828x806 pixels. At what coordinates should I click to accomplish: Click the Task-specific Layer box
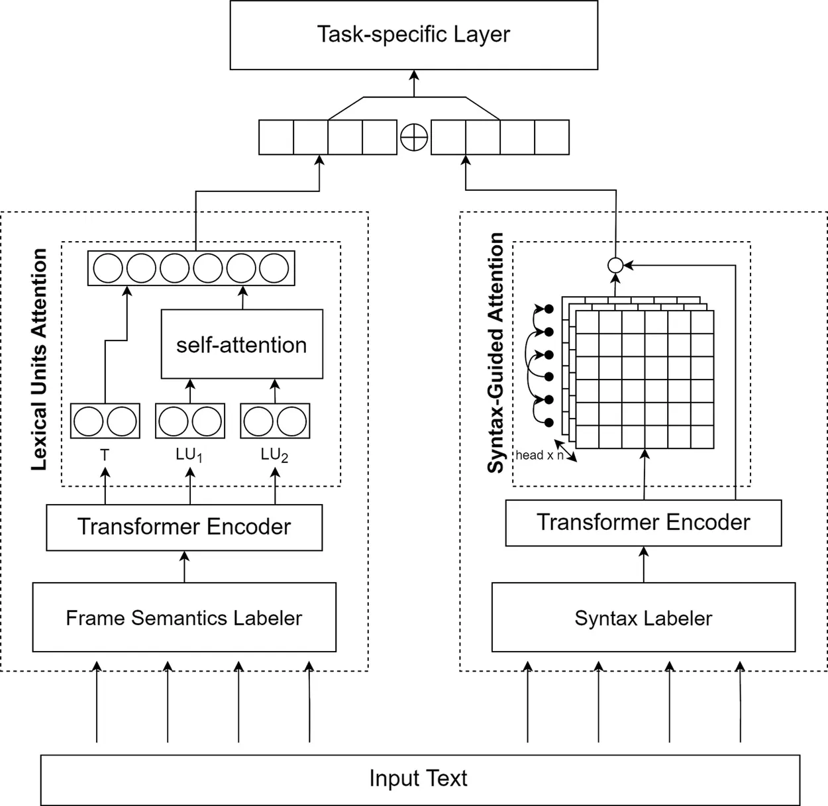click(413, 35)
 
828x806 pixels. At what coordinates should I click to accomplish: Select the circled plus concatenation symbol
click(414, 138)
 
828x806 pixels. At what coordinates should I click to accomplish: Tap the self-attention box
click(242, 344)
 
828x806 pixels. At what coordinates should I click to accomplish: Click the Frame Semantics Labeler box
click(184, 617)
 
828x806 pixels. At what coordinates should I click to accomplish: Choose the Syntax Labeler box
click(643, 617)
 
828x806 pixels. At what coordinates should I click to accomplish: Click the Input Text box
click(419, 779)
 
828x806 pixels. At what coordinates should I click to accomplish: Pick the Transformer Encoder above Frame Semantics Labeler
click(184, 527)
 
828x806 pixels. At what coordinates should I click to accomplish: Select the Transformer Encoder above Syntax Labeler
click(643, 523)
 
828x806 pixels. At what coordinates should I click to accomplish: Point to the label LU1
click(189, 455)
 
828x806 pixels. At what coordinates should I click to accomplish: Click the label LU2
click(274, 455)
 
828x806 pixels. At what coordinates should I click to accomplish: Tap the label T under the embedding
click(104, 455)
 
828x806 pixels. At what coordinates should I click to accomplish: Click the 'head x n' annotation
click(539, 455)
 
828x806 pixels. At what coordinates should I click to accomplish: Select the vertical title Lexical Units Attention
click(40, 360)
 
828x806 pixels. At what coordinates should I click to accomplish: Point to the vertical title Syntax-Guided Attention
click(495, 353)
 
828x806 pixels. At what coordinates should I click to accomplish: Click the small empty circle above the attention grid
click(615, 266)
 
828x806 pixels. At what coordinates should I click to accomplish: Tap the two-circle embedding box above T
click(105, 421)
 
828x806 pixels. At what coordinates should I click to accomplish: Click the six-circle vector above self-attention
click(191, 268)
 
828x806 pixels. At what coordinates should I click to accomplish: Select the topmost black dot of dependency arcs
click(548, 309)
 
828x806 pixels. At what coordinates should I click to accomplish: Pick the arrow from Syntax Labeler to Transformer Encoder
click(643, 564)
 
